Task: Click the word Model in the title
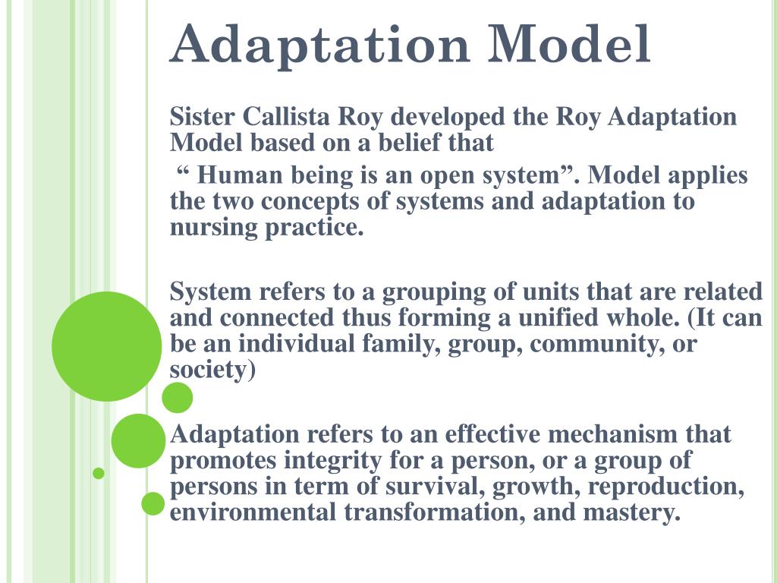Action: tap(570, 45)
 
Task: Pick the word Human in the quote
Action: tap(240, 175)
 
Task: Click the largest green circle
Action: tap(107, 346)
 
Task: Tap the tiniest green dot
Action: tap(98, 473)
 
